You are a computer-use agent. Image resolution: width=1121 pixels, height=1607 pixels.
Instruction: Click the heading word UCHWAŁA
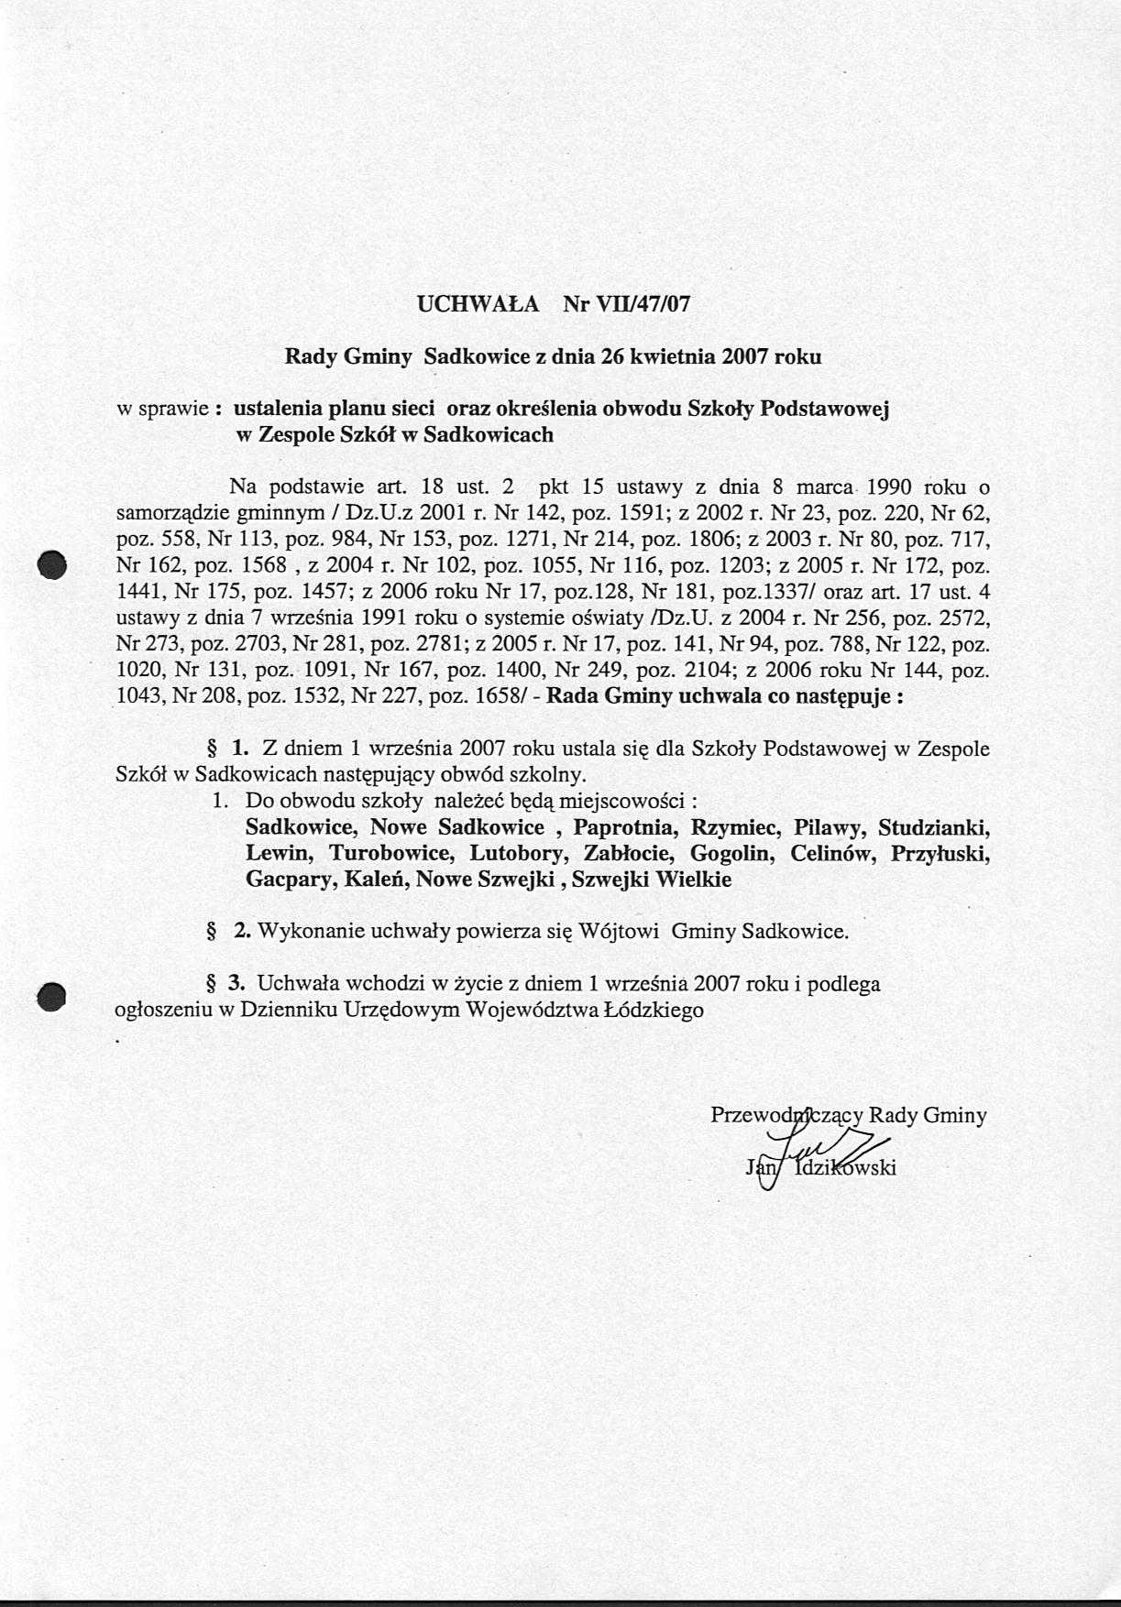[x=478, y=304]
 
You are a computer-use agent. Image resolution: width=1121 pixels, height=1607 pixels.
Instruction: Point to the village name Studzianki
[x=933, y=827]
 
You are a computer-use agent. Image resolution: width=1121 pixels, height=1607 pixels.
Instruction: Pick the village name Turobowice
[x=390, y=853]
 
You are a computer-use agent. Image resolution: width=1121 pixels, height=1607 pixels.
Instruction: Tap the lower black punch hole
[x=52, y=996]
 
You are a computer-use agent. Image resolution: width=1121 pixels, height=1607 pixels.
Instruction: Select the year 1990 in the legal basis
[x=895, y=486]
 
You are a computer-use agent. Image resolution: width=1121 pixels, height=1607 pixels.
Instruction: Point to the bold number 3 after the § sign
[x=236, y=984]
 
